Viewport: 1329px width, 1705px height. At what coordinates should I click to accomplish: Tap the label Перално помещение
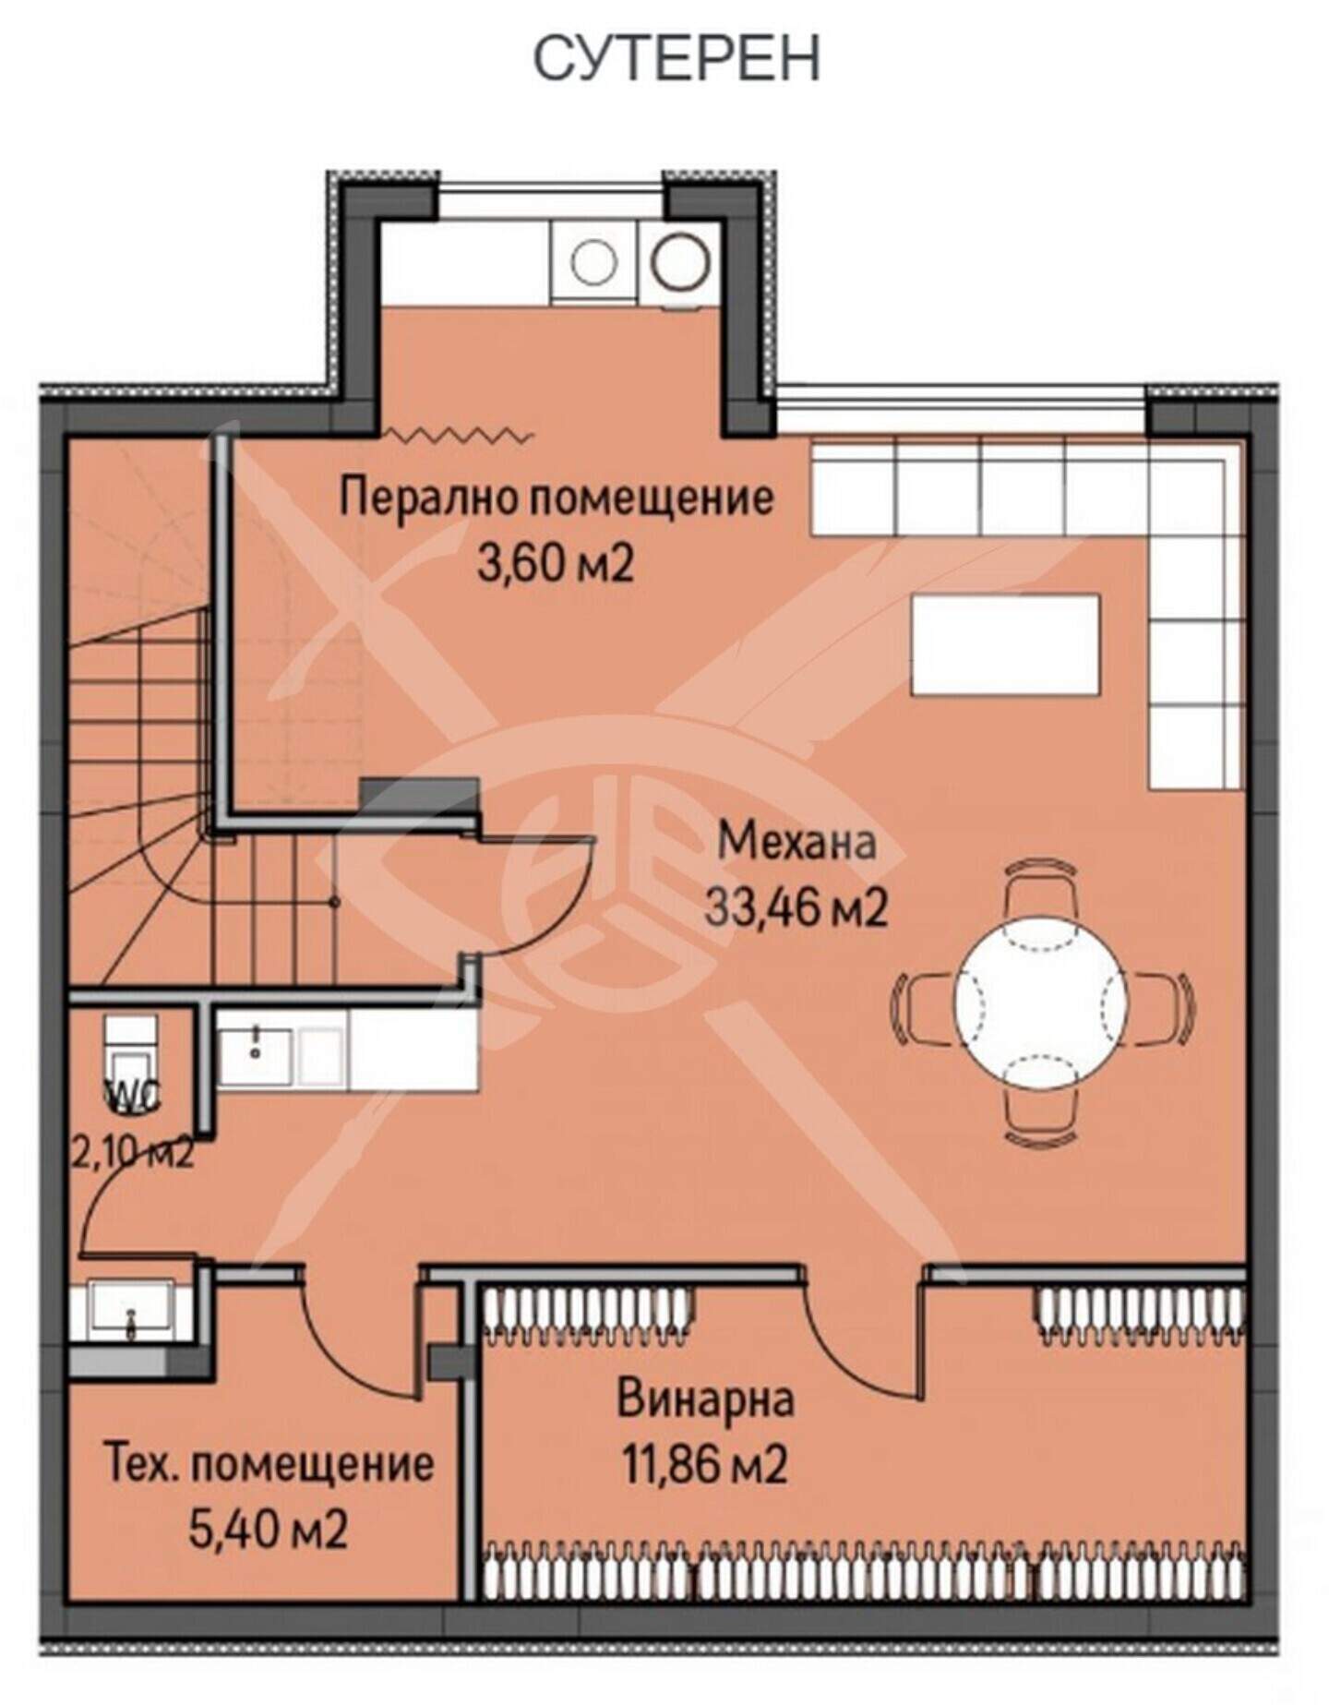(557, 498)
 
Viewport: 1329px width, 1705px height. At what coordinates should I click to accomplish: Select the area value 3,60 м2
(556, 563)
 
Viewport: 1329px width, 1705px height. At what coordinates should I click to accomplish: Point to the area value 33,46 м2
(796, 908)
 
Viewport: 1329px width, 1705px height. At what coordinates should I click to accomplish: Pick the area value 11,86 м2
(706, 1464)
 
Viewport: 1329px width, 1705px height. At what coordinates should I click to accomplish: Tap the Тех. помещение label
(270, 1464)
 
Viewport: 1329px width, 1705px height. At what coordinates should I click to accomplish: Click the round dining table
(1041, 1002)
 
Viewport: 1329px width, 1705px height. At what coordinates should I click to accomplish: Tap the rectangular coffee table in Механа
(1005, 644)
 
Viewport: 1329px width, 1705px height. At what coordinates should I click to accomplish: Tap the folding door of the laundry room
(458, 434)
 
